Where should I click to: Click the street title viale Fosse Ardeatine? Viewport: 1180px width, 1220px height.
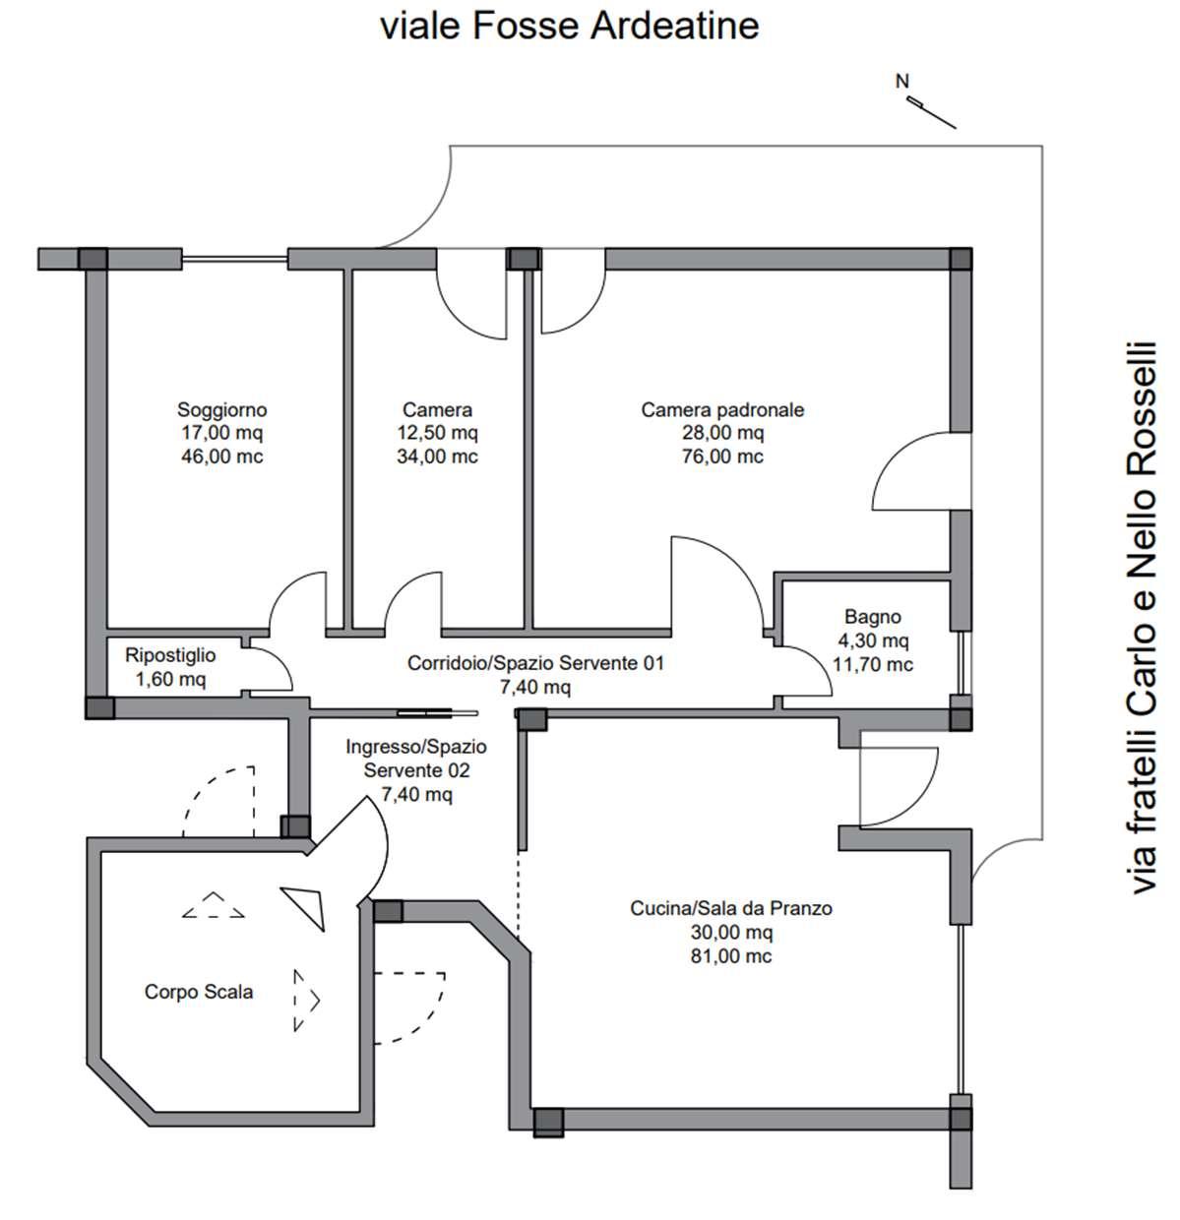[x=569, y=27]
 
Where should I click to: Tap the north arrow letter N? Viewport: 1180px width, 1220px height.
[x=901, y=82]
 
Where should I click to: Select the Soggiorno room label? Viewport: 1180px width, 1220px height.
[x=222, y=409]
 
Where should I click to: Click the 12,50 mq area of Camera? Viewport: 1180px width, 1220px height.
[x=437, y=433]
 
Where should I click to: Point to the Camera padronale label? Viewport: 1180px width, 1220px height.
[x=722, y=409]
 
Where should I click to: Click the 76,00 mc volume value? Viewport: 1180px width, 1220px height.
[x=722, y=456]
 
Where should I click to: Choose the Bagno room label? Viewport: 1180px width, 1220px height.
[x=873, y=617]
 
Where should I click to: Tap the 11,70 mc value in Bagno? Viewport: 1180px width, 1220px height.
[x=873, y=664]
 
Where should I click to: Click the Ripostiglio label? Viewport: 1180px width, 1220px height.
[x=170, y=655]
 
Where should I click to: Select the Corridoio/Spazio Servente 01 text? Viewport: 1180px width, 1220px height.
[x=535, y=663]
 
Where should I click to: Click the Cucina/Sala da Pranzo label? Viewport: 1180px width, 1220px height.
[x=731, y=908]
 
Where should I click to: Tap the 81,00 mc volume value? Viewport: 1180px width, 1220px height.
[x=731, y=956]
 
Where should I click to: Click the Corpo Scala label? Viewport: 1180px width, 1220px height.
[x=199, y=991]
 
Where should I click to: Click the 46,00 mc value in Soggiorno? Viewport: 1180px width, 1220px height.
[x=222, y=456]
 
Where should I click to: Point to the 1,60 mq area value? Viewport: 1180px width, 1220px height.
[x=170, y=679]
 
